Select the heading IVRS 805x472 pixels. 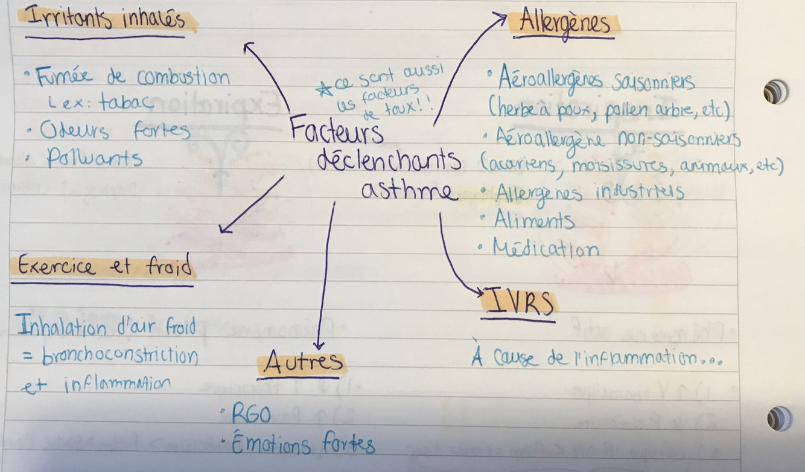(x=519, y=304)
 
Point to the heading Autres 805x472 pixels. (x=303, y=363)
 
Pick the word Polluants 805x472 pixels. (x=95, y=158)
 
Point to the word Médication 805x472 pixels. (x=546, y=249)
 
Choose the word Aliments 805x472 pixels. (x=534, y=220)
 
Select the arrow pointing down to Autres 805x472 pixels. (x=325, y=278)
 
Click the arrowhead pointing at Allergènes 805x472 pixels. (x=500, y=19)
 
